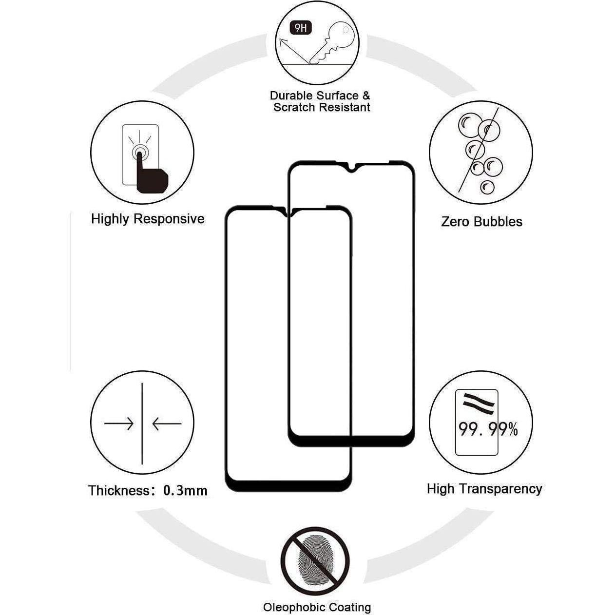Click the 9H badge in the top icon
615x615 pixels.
(301, 28)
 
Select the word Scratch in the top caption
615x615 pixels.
(294, 108)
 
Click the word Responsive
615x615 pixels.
(169, 219)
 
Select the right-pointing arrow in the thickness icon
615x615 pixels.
(119, 424)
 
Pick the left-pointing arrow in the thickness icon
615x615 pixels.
(166, 424)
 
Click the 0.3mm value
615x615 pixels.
(185, 490)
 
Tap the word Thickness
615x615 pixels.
(118, 490)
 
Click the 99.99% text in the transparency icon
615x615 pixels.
(488, 429)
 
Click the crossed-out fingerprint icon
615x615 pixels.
(315, 558)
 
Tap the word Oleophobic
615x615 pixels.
(294, 607)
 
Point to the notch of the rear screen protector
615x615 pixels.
(351, 169)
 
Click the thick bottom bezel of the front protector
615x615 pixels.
(288, 485)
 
